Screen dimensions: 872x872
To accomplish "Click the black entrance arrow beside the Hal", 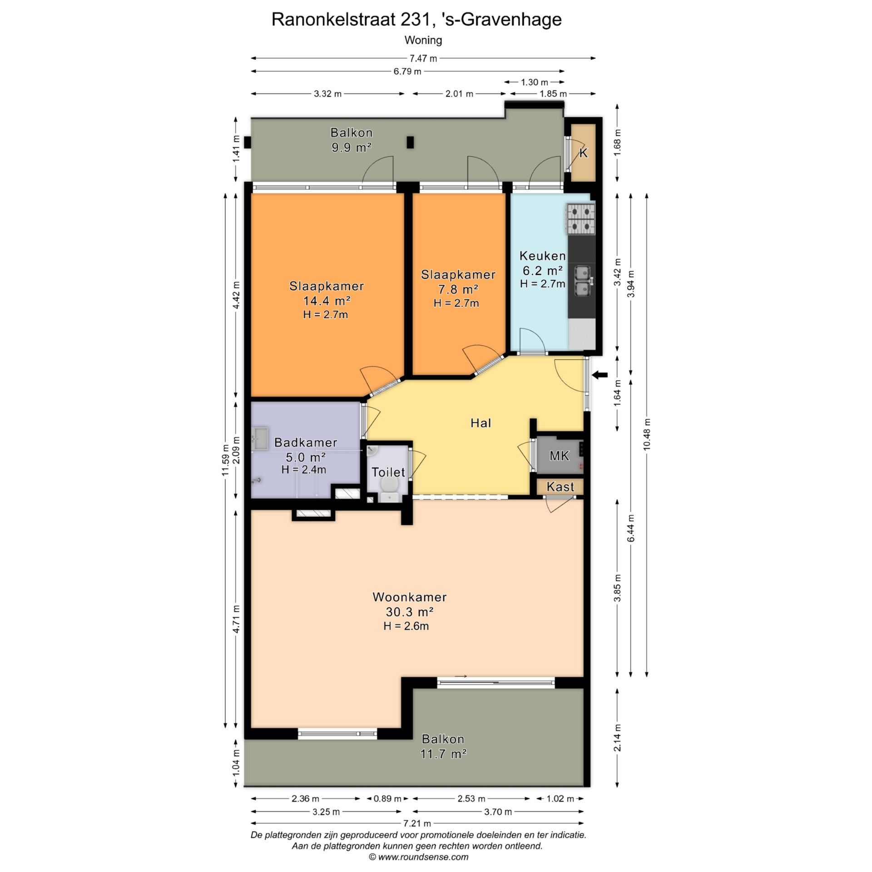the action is pyautogui.click(x=600, y=375).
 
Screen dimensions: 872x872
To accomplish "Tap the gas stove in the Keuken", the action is pyautogui.click(x=581, y=219).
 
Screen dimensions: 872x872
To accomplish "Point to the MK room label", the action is pyautogui.click(x=559, y=456).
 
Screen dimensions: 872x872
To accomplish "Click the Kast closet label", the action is pyautogui.click(x=560, y=487).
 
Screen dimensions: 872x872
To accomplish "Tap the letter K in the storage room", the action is pyautogui.click(x=584, y=153).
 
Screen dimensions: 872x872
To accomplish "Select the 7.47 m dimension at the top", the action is pyautogui.click(x=423, y=58).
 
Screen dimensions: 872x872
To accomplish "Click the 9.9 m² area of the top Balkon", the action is pyautogui.click(x=352, y=147).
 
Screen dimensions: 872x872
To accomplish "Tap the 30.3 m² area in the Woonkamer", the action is pyautogui.click(x=410, y=612).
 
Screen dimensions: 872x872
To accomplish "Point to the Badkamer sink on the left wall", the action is pyautogui.click(x=260, y=438).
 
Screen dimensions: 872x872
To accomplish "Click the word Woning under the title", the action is pyautogui.click(x=423, y=40).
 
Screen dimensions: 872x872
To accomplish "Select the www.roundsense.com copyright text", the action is pyautogui.click(x=418, y=857).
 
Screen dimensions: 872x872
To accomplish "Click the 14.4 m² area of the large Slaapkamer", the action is pyautogui.click(x=327, y=301).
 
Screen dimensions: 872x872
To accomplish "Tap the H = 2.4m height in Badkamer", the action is pyautogui.click(x=304, y=470).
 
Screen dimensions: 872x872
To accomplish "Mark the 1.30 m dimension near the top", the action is pyautogui.click(x=534, y=82).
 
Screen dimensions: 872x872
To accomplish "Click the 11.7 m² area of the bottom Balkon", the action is pyautogui.click(x=443, y=754).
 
